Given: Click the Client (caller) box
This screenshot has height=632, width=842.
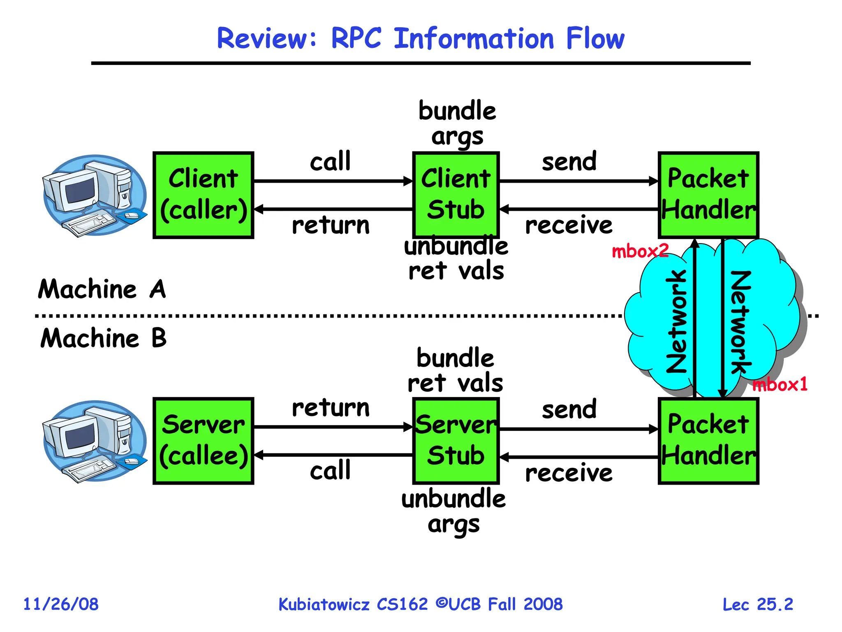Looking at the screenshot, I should tap(203, 195).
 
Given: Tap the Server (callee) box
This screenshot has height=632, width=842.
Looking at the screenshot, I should tap(203, 441).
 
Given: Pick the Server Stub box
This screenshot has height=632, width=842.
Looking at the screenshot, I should tap(456, 441).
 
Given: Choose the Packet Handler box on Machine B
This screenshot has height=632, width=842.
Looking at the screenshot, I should tap(708, 441).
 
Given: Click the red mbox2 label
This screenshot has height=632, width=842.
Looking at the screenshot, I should tap(640, 251).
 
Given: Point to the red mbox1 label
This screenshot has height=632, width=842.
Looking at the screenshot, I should tap(780, 385).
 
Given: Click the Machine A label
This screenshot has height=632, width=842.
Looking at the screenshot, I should tap(102, 289).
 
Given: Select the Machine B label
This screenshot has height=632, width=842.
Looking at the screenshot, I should tap(103, 338).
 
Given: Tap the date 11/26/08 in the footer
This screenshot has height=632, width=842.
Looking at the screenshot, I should tap(61, 604).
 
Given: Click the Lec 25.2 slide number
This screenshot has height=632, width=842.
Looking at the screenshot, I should tap(758, 604).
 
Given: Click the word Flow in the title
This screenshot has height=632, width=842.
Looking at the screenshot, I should tap(595, 38).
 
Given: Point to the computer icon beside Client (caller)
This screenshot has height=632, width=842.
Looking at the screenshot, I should tap(95, 196).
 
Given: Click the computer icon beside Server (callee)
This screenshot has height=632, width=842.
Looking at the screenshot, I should tap(95, 441).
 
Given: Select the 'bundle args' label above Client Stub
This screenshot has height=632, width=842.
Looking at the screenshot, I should tap(457, 123).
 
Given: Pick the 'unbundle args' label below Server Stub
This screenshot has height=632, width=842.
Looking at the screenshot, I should tap(453, 511).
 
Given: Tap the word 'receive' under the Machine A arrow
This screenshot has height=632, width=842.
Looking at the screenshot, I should tap(569, 225).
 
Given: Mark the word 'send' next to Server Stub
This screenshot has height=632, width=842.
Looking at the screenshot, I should tap(569, 409).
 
